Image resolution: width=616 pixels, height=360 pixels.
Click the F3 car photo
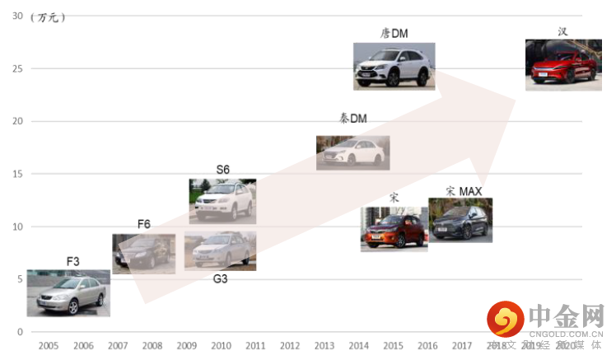coord(68,293)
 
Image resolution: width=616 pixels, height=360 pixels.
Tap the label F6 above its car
coord(144,224)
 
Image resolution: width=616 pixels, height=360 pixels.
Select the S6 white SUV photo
coord(222,201)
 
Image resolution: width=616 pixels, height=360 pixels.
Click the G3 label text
coord(220,279)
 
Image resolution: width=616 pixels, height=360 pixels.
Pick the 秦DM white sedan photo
coord(352,152)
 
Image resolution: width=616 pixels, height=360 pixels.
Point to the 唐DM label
coord(394,34)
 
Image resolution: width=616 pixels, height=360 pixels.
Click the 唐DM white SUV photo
coord(394,67)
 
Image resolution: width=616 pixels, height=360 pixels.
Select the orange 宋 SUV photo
coord(394,228)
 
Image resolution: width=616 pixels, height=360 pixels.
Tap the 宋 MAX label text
coord(464,191)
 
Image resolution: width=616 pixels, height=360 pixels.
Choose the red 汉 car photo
coord(563,65)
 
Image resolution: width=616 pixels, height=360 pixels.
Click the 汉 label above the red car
coord(562,32)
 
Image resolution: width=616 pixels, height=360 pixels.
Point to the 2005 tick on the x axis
coord(48,346)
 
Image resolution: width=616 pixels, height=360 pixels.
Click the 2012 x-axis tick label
coord(290,346)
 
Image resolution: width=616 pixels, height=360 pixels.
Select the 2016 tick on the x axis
coord(427,346)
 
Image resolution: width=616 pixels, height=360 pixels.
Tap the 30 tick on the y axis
coord(17,16)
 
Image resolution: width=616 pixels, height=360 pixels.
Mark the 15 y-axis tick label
coord(17,174)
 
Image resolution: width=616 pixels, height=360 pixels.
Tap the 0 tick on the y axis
coord(21,331)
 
